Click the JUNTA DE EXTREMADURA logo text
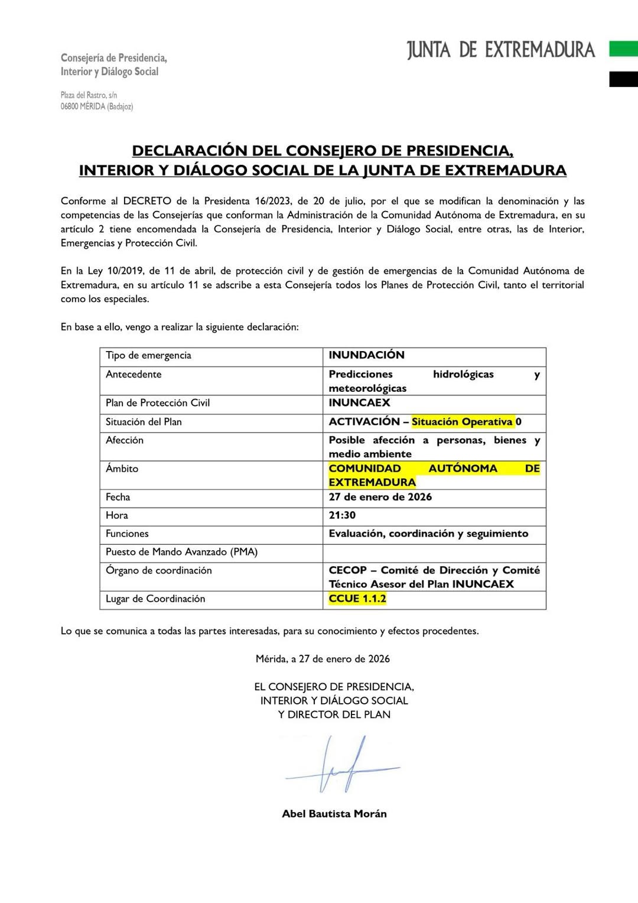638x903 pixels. coord(501,50)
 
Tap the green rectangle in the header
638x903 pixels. coord(623,48)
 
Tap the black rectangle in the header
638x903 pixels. coord(623,79)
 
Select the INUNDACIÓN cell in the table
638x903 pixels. coord(366,355)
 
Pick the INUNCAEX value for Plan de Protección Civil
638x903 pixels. coord(359,403)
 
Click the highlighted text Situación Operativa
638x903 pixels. coord(462,422)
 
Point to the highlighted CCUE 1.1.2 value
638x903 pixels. coord(357,599)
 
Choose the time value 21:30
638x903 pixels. coord(342,515)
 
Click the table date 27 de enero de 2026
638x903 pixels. coord(380,497)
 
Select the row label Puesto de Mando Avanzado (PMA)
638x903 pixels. coord(181,552)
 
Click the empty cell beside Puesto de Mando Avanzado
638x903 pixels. coord(434,553)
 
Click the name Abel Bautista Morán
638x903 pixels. coord(334,814)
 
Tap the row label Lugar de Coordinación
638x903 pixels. coord(155,599)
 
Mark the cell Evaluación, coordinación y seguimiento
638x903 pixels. coord(428,534)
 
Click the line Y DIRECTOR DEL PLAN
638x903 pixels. coord(334,714)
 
